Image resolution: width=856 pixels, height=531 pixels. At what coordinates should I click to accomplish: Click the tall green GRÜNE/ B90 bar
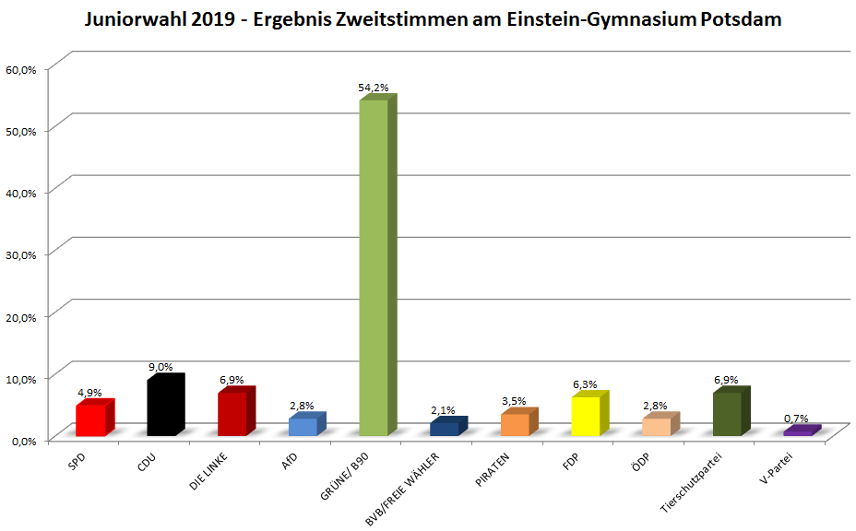tap(374, 267)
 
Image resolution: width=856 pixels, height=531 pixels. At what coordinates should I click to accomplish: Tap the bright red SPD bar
tap(90, 420)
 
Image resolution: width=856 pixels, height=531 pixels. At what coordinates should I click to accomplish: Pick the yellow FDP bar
tap(586, 416)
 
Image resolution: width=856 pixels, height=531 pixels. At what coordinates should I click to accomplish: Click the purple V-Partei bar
tap(798, 431)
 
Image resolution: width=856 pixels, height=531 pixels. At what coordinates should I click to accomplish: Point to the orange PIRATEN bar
tap(515, 424)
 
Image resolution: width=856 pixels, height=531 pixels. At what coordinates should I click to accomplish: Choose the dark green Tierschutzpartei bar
tap(727, 414)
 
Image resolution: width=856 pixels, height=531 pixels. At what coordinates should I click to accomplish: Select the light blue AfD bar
tap(303, 426)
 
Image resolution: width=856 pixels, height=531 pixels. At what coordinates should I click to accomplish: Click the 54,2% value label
tap(374, 88)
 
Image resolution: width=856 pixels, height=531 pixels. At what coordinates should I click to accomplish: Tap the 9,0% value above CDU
tap(161, 367)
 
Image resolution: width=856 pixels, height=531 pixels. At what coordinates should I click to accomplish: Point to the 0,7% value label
tap(796, 419)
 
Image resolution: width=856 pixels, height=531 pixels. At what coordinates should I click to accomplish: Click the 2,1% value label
tap(444, 410)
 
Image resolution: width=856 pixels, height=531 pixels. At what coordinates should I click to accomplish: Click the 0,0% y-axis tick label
tap(22, 441)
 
